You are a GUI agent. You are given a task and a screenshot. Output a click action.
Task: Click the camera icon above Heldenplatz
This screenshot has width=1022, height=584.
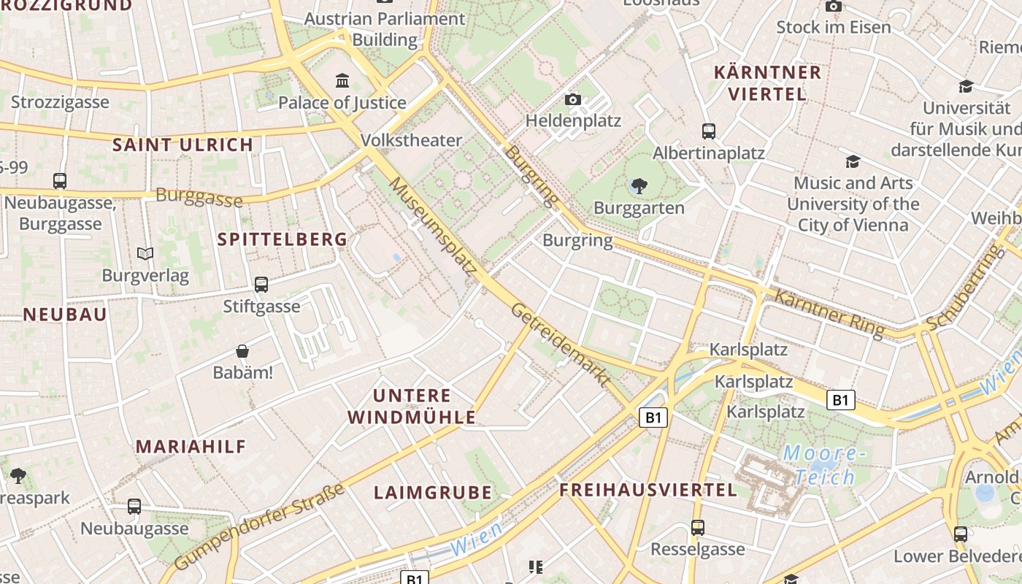pos(573,99)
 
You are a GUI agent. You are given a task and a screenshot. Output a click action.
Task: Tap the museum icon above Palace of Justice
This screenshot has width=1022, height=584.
pos(342,80)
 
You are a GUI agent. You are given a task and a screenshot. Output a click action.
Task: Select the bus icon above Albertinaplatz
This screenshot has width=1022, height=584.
pos(708,131)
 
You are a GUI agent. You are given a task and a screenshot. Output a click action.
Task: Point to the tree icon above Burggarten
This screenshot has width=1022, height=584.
pos(639,185)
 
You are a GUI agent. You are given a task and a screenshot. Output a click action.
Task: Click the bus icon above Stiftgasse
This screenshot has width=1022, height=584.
pos(261,285)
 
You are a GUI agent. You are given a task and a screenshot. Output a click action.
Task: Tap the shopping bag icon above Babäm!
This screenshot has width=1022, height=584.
pos(242,352)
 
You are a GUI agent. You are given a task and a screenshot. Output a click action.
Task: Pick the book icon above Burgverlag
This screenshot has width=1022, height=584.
pos(145,254)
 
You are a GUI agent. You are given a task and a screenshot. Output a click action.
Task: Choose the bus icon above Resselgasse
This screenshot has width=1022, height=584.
pos(698,527)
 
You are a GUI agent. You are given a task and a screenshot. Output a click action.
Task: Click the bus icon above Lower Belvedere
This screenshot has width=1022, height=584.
pos(961,534)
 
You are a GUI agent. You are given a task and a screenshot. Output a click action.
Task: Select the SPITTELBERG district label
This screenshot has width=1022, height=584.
pos(283,239)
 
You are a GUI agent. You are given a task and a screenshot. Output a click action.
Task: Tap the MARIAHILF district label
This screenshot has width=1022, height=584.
pos(191,447)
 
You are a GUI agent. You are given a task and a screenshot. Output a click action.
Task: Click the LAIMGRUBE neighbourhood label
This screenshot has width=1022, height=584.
pos(433,493)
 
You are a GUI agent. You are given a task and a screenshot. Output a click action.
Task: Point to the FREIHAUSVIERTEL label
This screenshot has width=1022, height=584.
pos(648,490)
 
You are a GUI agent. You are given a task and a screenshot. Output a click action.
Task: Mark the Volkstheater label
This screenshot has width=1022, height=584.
pos(412,140)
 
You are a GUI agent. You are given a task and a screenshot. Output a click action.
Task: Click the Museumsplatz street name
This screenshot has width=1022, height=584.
pos(434,226)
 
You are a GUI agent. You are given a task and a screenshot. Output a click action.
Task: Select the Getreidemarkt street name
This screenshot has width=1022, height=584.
pos(561,344)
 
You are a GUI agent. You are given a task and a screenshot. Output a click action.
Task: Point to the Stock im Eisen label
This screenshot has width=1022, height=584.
pos(834,28)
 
